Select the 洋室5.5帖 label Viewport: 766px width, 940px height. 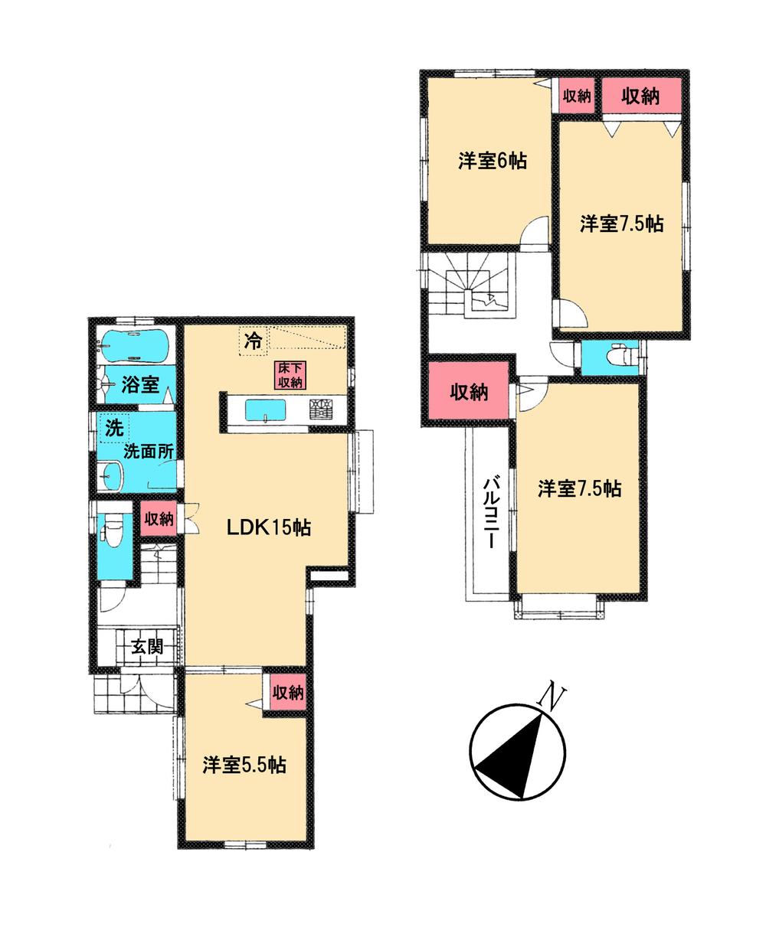tap(244, 765)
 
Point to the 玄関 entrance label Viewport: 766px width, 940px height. tap(144, 647)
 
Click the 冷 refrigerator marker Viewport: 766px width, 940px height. tap(251, 341)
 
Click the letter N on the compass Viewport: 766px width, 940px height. tap(552, 696)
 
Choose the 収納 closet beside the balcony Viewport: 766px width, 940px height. tap(468, 392)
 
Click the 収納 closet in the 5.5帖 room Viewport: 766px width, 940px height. tap(288, 693)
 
